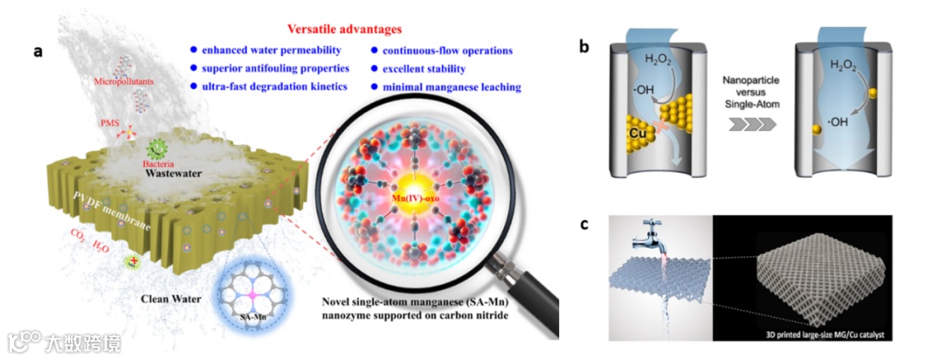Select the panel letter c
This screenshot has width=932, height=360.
coord(584,225)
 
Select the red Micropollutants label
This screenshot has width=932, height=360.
coord(115,81)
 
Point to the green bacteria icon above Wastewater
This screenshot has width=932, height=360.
coord(157,149)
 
